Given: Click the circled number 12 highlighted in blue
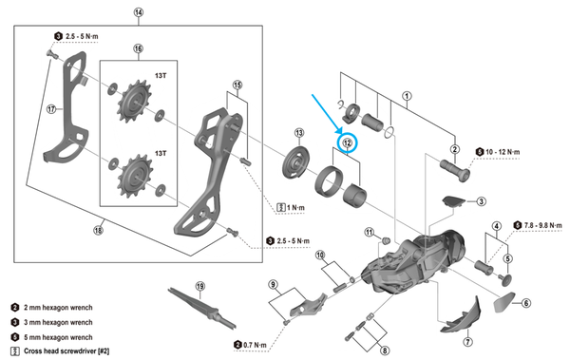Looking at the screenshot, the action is pyautogui.click(x=348, y=142).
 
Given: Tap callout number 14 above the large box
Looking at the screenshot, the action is pyautogui.click(x=139, y=12).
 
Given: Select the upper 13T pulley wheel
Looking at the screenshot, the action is pyautogui.click(x=135, y=101).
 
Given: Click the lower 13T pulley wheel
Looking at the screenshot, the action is pyautogui.click(x=136, y=177).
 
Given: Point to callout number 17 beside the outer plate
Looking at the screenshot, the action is pyautogui.click(x=51, y=108).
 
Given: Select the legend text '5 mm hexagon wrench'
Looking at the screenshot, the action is pyautogui.click(x=58, y=337).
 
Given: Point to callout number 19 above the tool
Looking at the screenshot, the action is pyautogui.click(x=200, y=286).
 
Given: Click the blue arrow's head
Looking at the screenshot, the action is pyautogui.click(x=340, y=131).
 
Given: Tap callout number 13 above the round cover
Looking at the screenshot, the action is pyautogui.click(x=299, y=133).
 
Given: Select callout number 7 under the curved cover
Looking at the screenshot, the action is pyautogui.click(x=467, y=342).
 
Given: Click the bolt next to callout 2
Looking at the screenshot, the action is pyautogui.click(x=455, y=170).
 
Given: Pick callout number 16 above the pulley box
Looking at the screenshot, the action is pyautogui.click(x=138, y=48).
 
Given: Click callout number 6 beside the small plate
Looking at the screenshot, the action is pyautogui.click(x=526, y=303).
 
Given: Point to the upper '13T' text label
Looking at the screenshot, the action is pyautogui.click(x=161, y=76).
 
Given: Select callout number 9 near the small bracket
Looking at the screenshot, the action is pyautogui.click(x=274, y=284).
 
